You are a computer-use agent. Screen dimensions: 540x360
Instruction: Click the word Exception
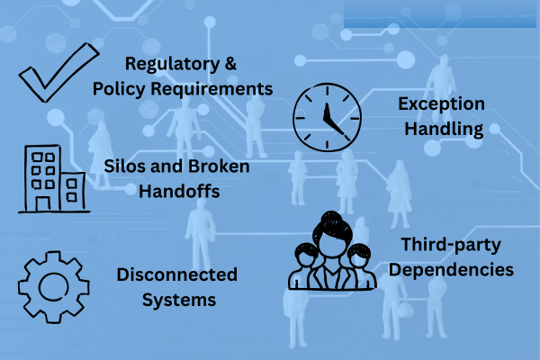click(x=442, y=103)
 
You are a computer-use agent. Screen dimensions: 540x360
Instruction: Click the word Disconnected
click(x=177, y=274)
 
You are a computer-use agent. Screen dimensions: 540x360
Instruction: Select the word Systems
click(x=178, y=300)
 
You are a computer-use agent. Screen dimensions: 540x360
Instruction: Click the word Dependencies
click(x=458, y=268)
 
